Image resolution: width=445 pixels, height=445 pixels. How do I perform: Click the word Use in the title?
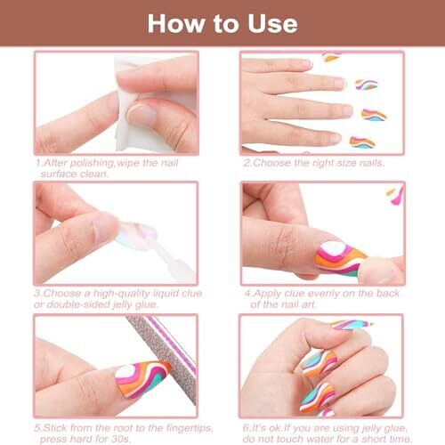272,24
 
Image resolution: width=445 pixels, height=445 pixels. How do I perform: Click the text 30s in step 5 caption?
121,439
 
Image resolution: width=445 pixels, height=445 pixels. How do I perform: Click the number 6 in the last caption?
246,428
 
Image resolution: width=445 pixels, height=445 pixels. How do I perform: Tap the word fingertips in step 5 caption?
189,428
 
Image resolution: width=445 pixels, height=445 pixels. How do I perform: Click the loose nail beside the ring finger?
375,115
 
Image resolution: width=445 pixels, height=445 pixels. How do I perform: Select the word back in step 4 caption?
388,294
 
